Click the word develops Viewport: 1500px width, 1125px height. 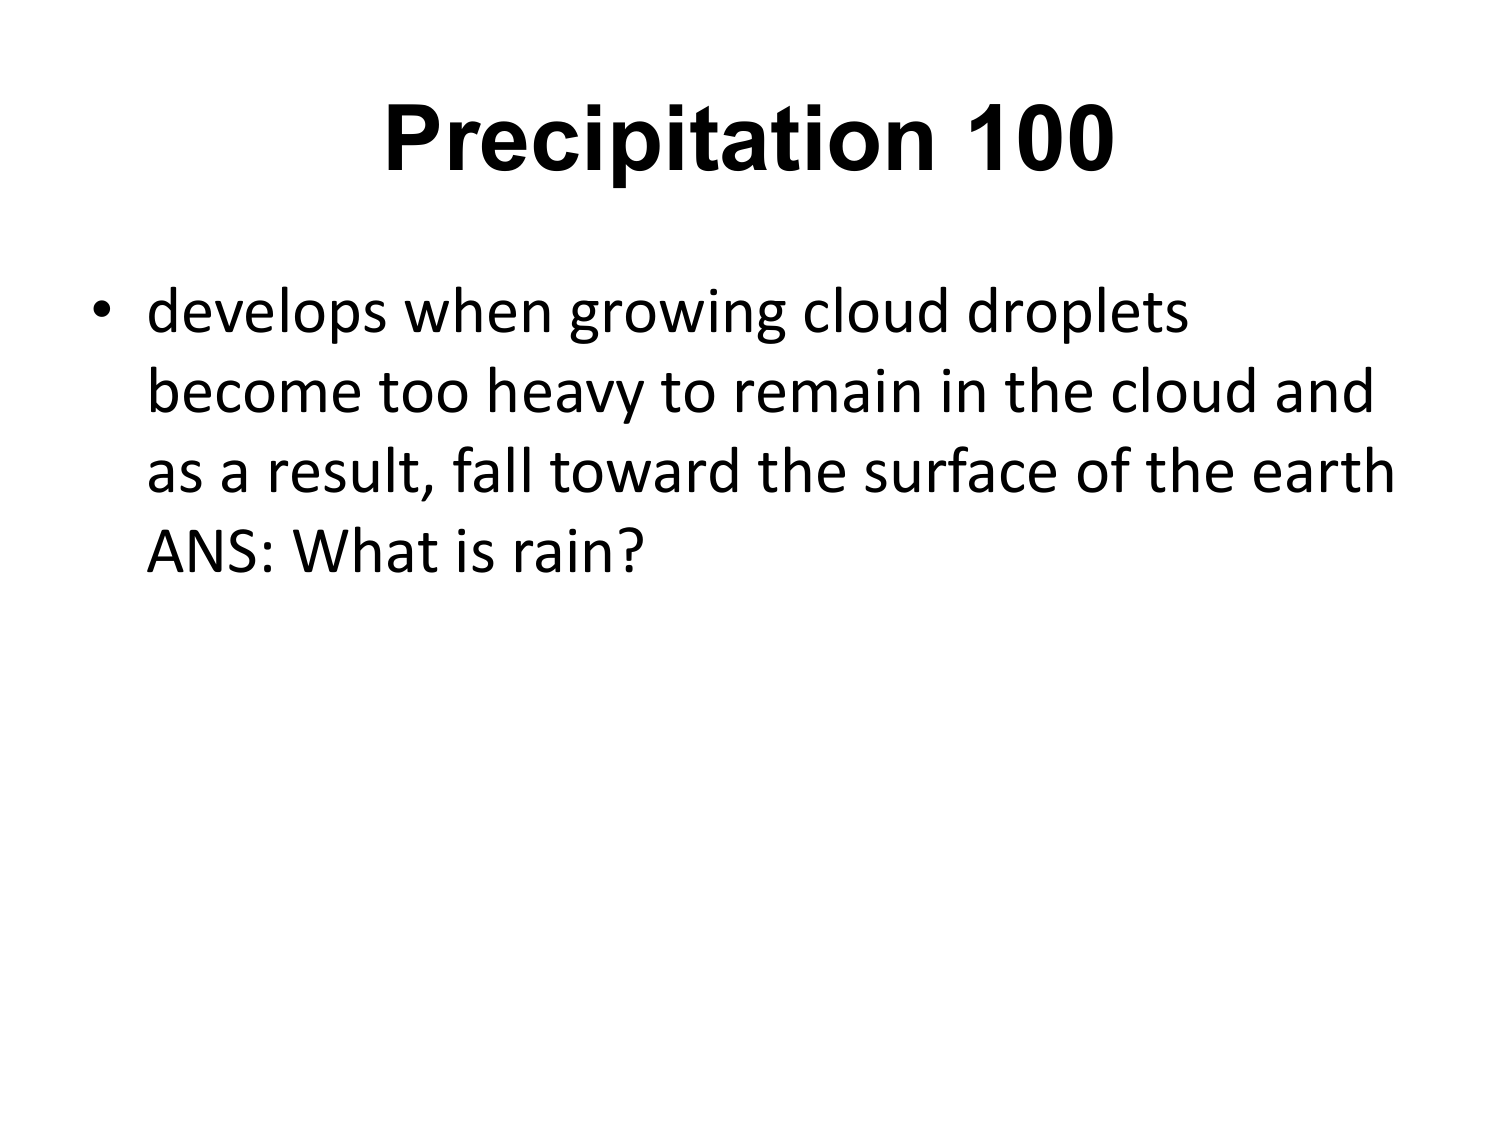[x=267, y=312]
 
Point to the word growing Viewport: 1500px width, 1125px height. [x=677, y=314]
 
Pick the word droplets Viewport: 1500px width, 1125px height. [x=1078, y=312]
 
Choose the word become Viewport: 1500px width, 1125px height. [x=254, y=391]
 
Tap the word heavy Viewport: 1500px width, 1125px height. [x=564, y=394]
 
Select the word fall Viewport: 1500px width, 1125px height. [x=492, y=470]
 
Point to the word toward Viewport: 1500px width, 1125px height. [x=645, y=470]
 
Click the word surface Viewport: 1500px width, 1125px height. [x=961, y=470]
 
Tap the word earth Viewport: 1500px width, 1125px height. [x=1323, y=470]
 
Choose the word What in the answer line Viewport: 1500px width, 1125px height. [x=366, y=551]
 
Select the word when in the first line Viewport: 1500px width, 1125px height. [x=478, y=312]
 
